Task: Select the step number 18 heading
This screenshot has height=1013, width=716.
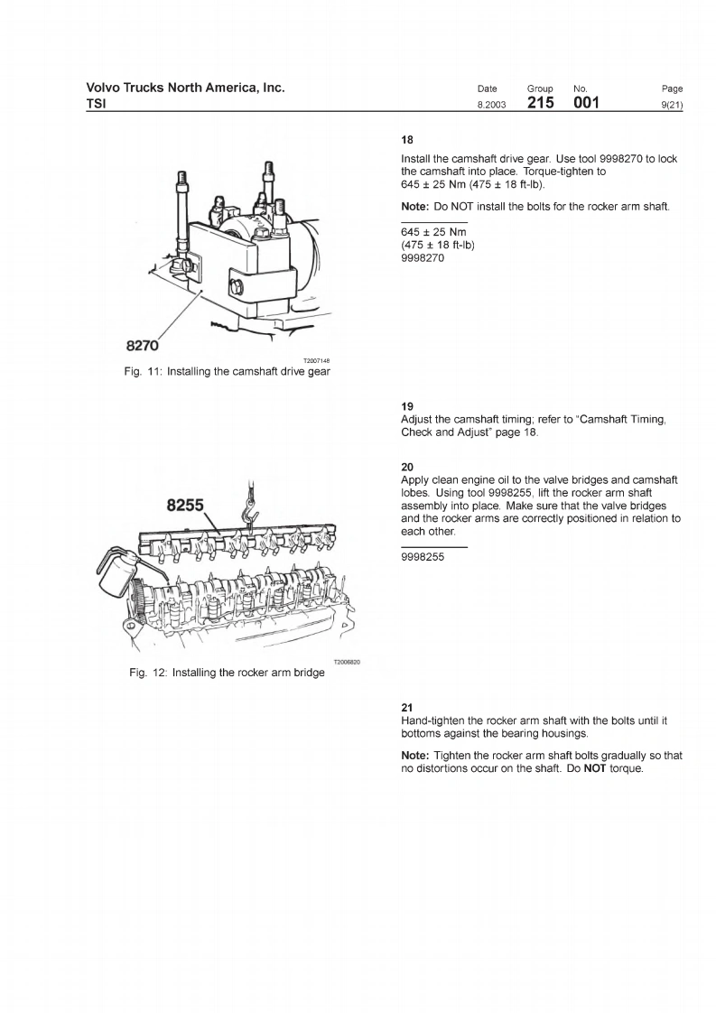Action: (407, 141)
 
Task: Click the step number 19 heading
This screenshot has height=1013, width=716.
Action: (406, 407)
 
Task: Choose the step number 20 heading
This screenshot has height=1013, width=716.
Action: (407, 467)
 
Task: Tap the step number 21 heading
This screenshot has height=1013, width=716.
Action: (406, 707)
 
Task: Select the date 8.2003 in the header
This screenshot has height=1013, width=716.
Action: (491, 106)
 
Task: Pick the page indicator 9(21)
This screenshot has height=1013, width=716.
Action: (672, 106)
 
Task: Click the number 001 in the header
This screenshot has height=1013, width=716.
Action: (588, 104)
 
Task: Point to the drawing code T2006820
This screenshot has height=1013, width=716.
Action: (347, 662)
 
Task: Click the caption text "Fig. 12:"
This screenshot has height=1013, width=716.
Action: (148, 673)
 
